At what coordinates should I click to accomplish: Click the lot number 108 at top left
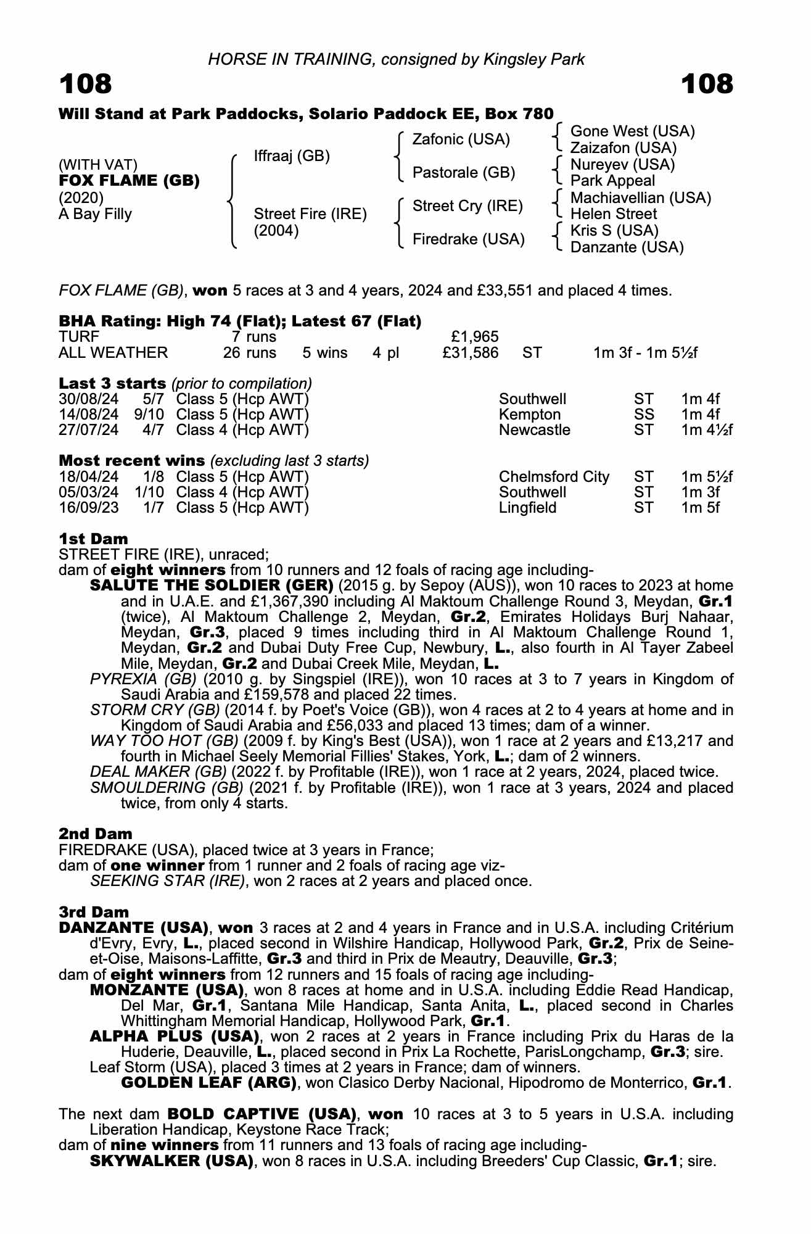click(x=86, y=84)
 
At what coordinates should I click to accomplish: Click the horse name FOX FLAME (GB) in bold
click(x=129, y=181)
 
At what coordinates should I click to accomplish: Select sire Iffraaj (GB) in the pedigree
click(x=292, y=156)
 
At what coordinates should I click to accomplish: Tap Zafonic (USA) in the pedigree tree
click(x=461, y=139)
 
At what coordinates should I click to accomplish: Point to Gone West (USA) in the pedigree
click(x=632, y=131)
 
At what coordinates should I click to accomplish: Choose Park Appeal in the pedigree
click(x=612, y=181)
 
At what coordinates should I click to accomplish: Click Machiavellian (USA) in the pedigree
click(x=640, y=198)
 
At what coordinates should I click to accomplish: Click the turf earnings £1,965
click(x=475, y=337)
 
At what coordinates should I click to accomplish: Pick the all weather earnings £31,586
click(x=471, y=353)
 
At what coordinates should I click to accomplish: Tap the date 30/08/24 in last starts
click(x=88, y=399)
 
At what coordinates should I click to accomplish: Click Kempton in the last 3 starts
click(x=530, y=415)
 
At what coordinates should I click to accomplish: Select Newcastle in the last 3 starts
click(x=535, y=430)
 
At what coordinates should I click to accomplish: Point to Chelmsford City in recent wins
click(x=554, y=477)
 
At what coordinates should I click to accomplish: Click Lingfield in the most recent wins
click(x=527, y=508)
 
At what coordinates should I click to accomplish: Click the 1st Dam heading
click(x=93, y=539)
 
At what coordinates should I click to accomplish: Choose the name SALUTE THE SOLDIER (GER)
click(x=212, y=585)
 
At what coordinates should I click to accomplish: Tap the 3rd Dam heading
click(x=94, y=912)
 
